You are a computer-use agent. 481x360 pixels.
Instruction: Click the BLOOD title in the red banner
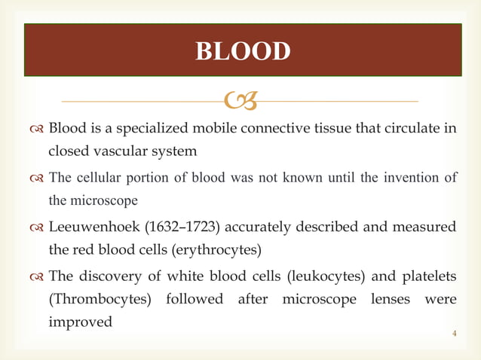point(242,51)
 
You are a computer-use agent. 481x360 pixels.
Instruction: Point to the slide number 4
point(454,332)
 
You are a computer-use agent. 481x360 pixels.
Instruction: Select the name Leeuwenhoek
point(88,227)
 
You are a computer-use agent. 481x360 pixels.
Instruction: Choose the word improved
point(80,322)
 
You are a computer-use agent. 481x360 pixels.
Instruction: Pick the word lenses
point(395,298)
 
